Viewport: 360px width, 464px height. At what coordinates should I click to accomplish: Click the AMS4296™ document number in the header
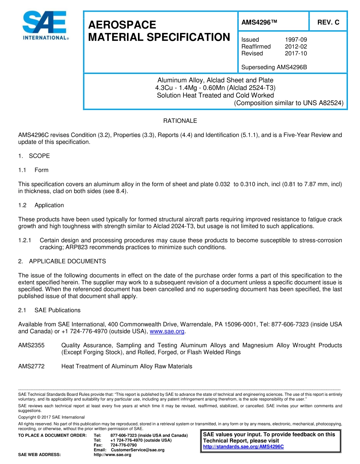tap(259, 22)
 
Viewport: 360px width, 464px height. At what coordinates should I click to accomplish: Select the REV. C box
tap(328, 22)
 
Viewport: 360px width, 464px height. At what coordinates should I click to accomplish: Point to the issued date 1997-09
tap(296, 39)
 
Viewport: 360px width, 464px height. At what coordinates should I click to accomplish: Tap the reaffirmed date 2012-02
tap(296, 46)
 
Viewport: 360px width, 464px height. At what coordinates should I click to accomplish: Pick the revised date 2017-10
tap(296, 53)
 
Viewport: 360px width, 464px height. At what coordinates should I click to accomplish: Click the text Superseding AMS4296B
tap(274, 67)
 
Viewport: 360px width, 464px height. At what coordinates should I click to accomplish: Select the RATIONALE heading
tap(180, 121)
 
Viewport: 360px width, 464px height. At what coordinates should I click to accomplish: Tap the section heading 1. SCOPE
tap(34, 156)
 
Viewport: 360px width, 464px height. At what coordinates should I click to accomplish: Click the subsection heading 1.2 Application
tap(41, 205)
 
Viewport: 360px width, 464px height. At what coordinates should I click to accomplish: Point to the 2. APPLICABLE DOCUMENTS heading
tap(62, 261)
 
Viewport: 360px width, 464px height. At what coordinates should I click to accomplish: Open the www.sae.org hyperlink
tap(167, 331)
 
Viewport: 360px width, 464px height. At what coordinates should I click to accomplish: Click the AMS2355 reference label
tap(31, 345)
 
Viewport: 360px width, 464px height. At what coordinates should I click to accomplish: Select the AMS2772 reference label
tap(31, 366)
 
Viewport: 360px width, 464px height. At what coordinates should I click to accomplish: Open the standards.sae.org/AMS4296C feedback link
tap(243, 447)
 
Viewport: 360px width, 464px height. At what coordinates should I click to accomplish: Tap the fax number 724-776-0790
tap(124, 445)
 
